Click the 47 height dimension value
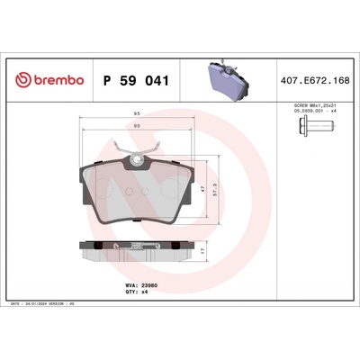pos(203,189)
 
